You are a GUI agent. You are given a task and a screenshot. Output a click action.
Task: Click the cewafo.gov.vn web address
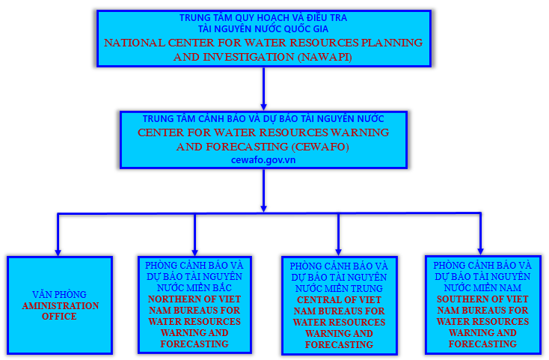(263, 159)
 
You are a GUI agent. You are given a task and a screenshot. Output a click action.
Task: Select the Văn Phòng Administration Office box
(59, 305)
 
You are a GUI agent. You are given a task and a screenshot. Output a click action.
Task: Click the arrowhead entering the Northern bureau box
(194, 251)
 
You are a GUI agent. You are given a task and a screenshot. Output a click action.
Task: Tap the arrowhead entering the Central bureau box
(338, 251)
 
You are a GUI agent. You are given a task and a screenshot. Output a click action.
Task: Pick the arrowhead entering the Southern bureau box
(481, 249)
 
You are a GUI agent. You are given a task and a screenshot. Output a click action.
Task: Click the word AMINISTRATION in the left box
(60, 306)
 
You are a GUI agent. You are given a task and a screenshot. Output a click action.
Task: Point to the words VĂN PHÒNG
(59, 294)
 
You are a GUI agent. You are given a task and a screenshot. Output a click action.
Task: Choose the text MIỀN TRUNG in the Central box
(358, 288)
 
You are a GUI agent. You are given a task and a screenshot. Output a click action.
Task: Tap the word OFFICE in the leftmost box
(59, 317)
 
